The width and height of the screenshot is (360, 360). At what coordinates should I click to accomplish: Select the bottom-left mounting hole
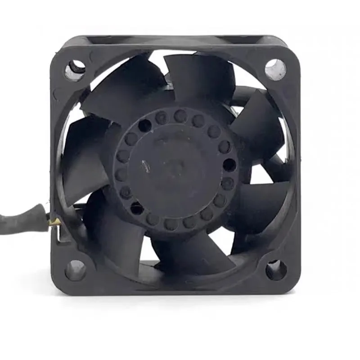pyautogui.click(x=75, y=270)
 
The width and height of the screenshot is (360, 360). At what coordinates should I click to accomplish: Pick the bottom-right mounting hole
pyautogui.click(x=275, y=270)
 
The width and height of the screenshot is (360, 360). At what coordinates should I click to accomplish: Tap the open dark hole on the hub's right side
pyautogui.click(x=229, y=165)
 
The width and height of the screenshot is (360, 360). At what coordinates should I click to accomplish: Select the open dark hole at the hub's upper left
pyautogui.click(x=144, y=126)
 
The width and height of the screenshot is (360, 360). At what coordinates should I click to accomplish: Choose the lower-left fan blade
pyautogui.click(x=112, y=229)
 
